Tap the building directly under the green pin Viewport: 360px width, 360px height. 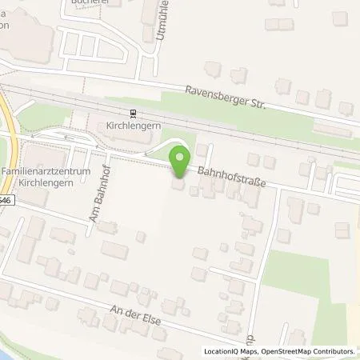(x=178, y=184)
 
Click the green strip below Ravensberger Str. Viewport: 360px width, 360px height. (x=240, y=116)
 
